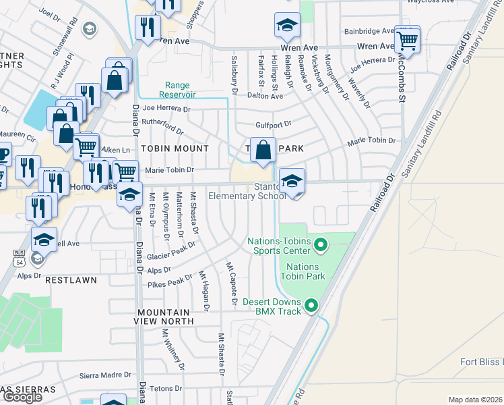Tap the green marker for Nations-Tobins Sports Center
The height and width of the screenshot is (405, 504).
[320, 243]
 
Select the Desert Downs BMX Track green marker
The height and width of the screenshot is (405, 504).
[311, 306]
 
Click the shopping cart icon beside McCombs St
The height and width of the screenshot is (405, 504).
[407, 40]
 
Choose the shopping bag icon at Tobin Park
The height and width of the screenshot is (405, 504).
[263, 151]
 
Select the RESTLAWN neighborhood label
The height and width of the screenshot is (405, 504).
[71, 279]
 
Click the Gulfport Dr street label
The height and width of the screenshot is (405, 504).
[273, 124]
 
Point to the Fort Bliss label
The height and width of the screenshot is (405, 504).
[481, 362]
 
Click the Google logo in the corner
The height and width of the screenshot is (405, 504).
[22, 397]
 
